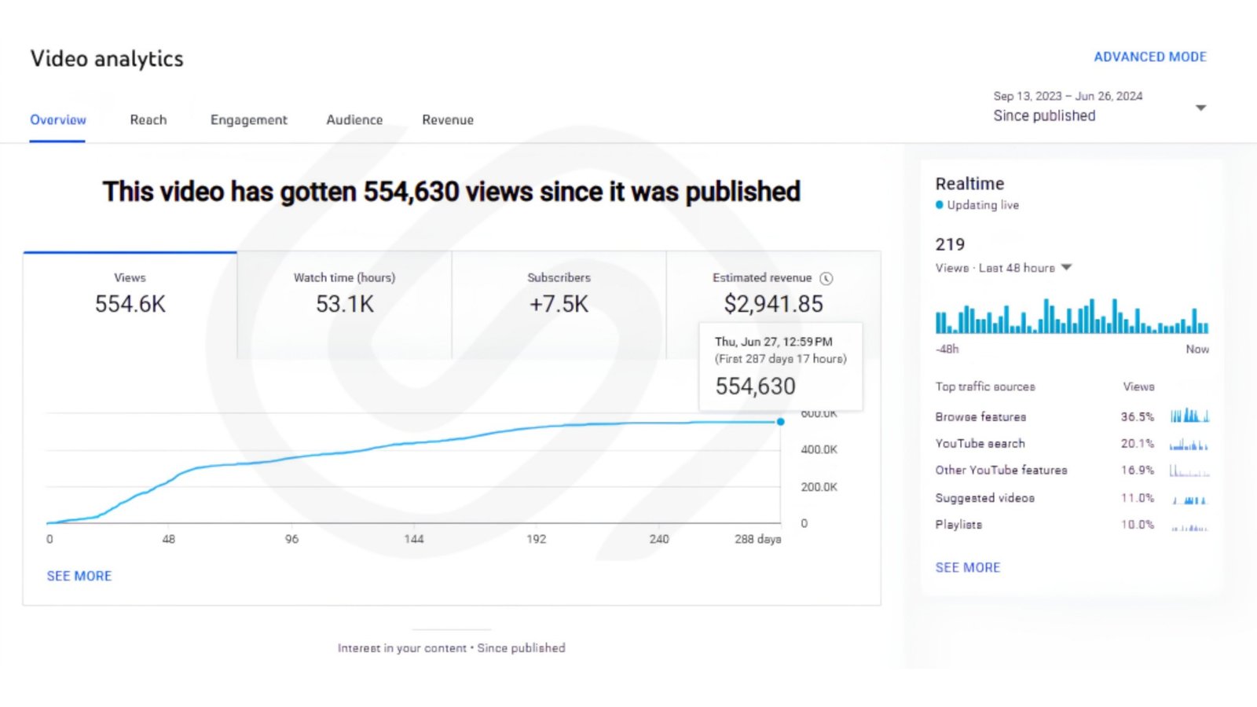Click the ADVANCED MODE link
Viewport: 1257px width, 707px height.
tap(1150, 57)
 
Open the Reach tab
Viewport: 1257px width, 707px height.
tap(148, 119)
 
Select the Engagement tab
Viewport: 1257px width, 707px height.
tap(248, 119)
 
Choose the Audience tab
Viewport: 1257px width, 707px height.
tap(354, 119)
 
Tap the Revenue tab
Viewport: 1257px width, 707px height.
tap(448, 119)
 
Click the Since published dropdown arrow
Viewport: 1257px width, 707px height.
tap(1200, 108)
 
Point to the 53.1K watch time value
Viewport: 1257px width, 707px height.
tap(345, 304)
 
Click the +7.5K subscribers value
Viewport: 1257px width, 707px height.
tap(559, 304)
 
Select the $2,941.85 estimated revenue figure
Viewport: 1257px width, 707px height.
tap(773, 304)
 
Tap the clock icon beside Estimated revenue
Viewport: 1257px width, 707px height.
tap(826, 278)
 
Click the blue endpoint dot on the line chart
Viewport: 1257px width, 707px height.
tap(781, 421)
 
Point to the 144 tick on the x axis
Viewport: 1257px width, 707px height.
tap(414, 539)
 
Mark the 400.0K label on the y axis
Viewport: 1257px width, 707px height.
tap(819, 449)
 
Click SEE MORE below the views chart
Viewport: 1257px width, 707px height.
tap(79, 577)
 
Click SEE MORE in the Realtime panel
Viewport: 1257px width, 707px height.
tap(967, 568)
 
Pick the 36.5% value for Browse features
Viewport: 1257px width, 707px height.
tap(1138, 417)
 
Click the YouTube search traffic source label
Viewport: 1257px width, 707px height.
tap(980, 444)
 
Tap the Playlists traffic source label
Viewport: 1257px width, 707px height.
tap(958, 525)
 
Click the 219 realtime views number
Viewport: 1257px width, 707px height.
tap(950, 244)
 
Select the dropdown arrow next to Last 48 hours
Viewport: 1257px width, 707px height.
tap(1066, 268)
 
